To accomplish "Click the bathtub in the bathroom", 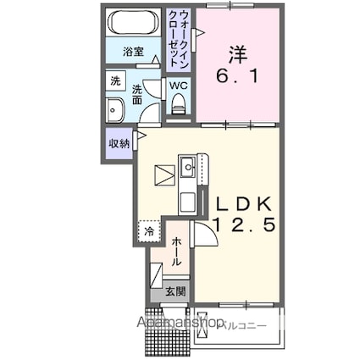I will pyautogui.click(x=134, y=23).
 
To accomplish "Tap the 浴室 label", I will pyautogui.click(x=133, y=52).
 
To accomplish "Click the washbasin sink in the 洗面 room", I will pyautogui.click(x=116, y=109).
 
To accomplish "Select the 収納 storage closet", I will pyautogui.click(x=119, y=143).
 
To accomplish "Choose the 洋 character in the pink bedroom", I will pyautogui.click(x=240, y=53).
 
